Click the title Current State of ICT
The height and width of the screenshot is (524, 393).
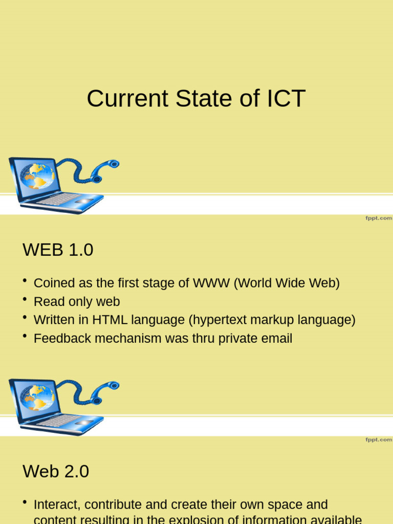pyautogui.click(x=196, y=98)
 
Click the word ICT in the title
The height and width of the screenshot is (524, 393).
pyautogui.click(x=285, y=98)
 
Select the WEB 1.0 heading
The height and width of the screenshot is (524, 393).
pyautogui.click(x=58, y=250)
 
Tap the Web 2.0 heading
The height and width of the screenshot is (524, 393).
pyautogui.click(x=56, y=471)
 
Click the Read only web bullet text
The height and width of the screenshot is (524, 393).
pyautogui.click(x=77, y=302)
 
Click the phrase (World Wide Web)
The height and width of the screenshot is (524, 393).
pyautogui.click(x=287, y=283)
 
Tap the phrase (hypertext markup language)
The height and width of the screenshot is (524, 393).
pyautogui.click(x=272, y=320)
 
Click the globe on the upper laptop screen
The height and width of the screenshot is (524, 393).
pyautogui.click(x=37, y=176)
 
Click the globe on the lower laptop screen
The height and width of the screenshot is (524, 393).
pyautogui.click(x=37, y=398)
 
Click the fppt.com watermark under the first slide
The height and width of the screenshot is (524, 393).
pyautogui.click(x=378, y=218)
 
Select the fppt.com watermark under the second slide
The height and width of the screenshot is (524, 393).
pyautogui.click(x=378, y=440)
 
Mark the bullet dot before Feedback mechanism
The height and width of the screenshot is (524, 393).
pyautogui.click(x=25, y=336)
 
